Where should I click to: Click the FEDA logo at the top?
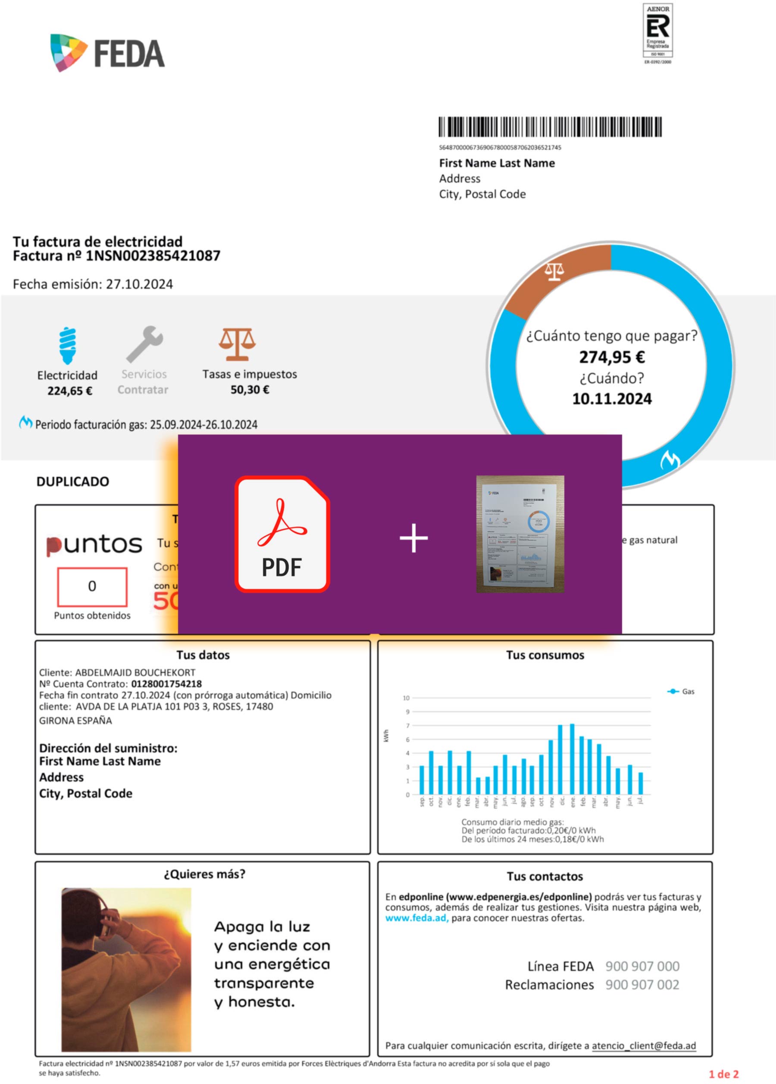click(107, 53)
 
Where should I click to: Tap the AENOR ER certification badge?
click(657, 34)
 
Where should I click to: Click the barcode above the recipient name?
click(550, 127)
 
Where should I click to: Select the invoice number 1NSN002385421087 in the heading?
click(153, 256)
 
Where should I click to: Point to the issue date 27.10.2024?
click(139, 284)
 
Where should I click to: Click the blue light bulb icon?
click(68, 345)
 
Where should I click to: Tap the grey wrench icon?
click(145, 343)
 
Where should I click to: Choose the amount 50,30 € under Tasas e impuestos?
click(250, 390)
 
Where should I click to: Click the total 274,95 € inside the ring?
click(612, 357)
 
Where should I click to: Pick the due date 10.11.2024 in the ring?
click(612, 399)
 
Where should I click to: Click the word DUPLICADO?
click(72, 481)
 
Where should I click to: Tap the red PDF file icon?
click(282, 534)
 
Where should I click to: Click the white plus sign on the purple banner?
click(413, 538)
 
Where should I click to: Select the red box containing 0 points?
click(92, 586)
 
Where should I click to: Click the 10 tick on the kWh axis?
click(406, 698)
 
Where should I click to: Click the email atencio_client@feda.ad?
click(644, 1046)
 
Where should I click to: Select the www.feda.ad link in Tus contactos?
click(416, 918)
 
